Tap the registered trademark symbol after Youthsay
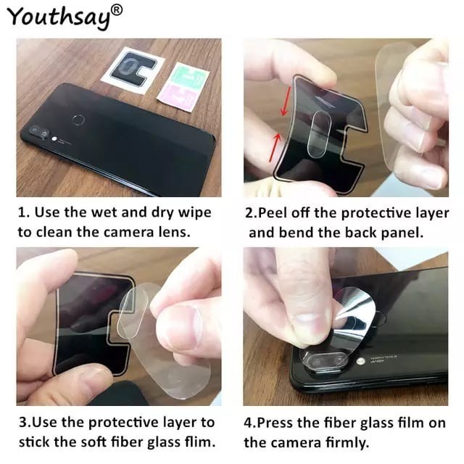click(x=117, y=9)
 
